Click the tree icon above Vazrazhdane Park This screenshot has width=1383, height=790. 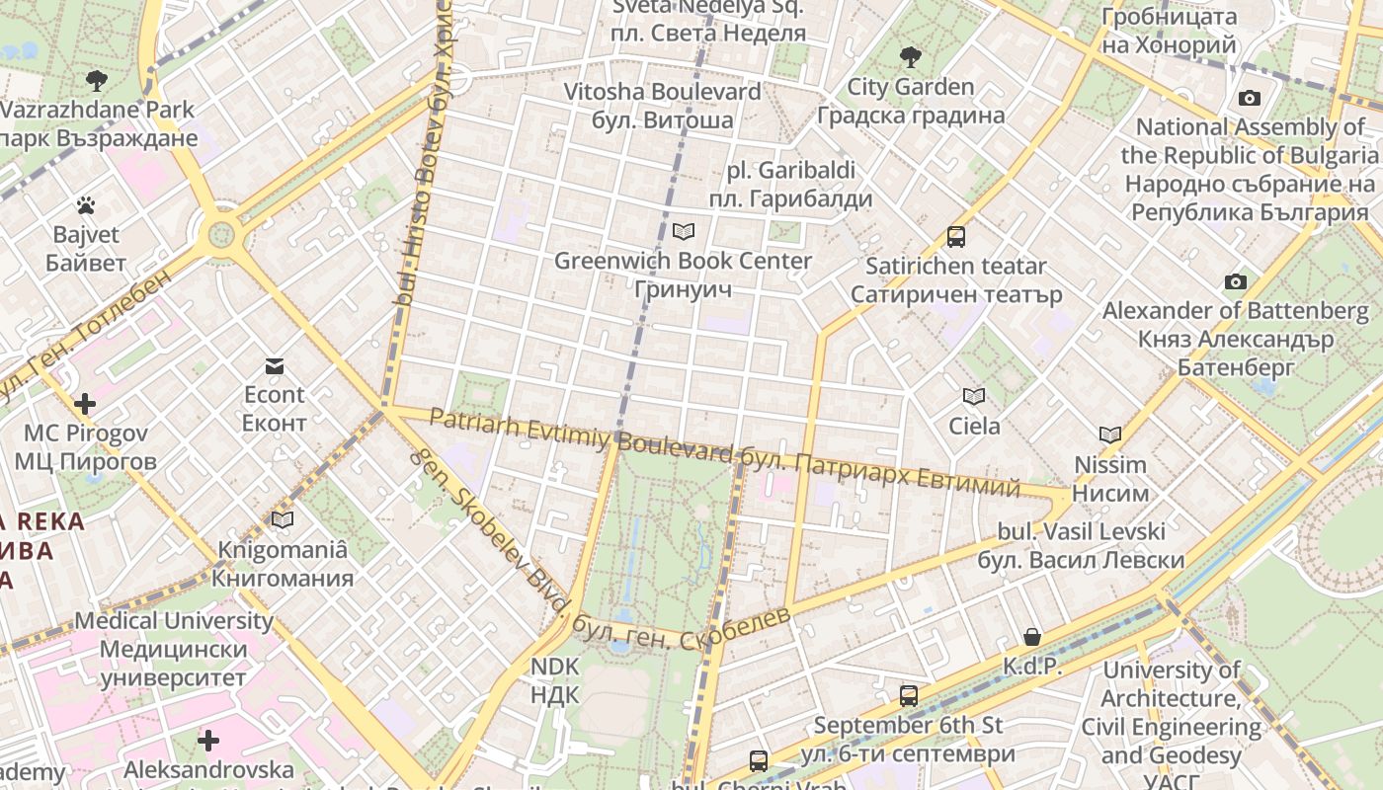(96, 80)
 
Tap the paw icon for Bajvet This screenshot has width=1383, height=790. (86, 205)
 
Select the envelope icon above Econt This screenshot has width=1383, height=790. (275, 366)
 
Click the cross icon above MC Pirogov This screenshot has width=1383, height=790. (85, 403)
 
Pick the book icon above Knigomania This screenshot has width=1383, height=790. (283, 519)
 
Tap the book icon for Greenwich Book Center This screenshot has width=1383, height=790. (683, 232)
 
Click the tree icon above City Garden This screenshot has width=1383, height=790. (910, 57)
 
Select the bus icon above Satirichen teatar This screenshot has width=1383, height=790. (955, 237)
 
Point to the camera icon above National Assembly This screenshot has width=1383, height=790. (1250, 98)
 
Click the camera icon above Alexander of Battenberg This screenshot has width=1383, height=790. (1235, 282)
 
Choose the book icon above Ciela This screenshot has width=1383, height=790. (974, 397)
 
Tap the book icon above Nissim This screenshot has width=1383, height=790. (1110, 434)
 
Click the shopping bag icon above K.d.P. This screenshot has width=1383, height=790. (1032, 637)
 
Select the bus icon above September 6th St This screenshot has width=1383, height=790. (909, 695)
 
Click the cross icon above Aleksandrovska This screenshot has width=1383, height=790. (208, 740)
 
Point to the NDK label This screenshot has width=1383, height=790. (554, 680)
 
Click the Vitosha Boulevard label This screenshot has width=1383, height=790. (662, 106)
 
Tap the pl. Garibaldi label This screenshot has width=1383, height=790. (790, 185)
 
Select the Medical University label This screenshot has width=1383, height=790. (174, 649)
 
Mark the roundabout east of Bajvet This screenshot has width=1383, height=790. (220, 235)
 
